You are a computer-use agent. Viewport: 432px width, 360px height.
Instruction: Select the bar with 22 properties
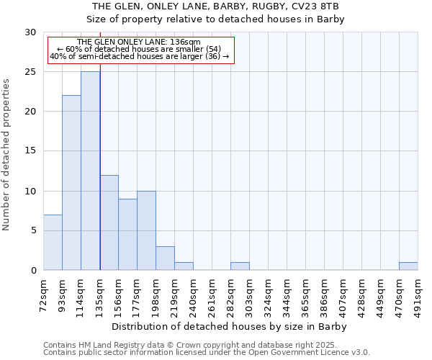tap(71, 183)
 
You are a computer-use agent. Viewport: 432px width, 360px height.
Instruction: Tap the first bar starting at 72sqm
tap(53, 242)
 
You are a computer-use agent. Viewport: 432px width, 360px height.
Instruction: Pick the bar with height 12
tap(109, 222)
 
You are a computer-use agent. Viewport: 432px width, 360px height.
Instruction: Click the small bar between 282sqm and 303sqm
tap(240, 266)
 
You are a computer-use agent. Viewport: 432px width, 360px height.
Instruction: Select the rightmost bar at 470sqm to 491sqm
tap(408, 266)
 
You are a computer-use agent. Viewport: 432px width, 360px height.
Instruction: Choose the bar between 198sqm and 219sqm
tap(165, 258)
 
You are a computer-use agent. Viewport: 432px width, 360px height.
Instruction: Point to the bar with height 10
tap(146, 230)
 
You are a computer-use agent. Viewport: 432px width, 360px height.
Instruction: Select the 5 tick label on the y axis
tap(32, 231)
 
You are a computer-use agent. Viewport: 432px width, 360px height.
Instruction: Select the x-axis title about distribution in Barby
tap(230, 327)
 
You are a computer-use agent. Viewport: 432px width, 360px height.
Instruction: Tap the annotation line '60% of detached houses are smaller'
tap(139, 49)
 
